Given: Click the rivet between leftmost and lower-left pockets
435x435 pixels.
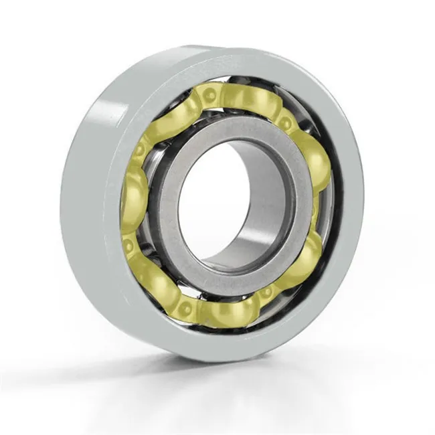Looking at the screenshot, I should coord(128,245).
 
